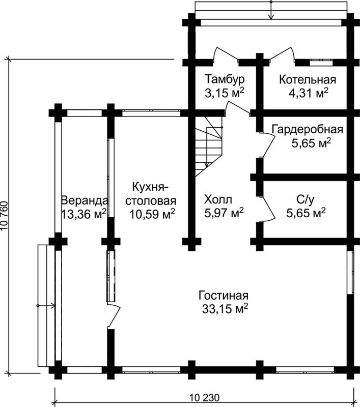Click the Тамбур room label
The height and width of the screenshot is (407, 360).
[x=225, y=79]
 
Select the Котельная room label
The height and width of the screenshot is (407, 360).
[x=308, y=79]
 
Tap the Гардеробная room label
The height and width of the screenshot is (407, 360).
[x=307, y=129]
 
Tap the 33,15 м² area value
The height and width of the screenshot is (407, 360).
[x=224, y=309]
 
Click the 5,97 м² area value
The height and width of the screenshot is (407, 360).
[x=223, y=212]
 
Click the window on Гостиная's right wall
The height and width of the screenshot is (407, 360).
[x=351, y=272]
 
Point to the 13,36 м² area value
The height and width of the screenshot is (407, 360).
[x=84, y=214]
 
